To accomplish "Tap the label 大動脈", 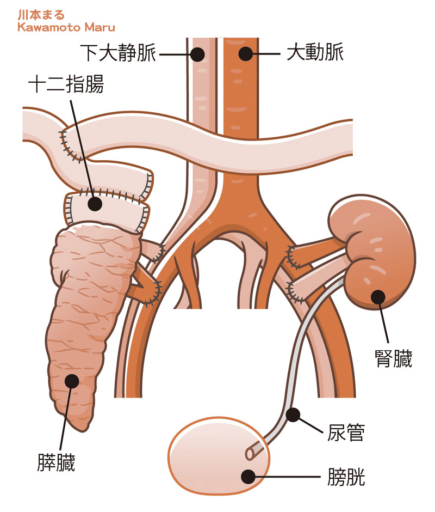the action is (x=314, y=54).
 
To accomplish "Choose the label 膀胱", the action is (x=346, y=477).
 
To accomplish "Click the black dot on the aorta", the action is (x=246, y=54).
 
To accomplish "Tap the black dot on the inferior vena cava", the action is (x=197, y=54).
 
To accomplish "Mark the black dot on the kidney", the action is (x=377, y=297).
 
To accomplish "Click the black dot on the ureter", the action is (x=293, y=416).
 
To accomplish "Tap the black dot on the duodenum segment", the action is (x=95, y=204).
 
